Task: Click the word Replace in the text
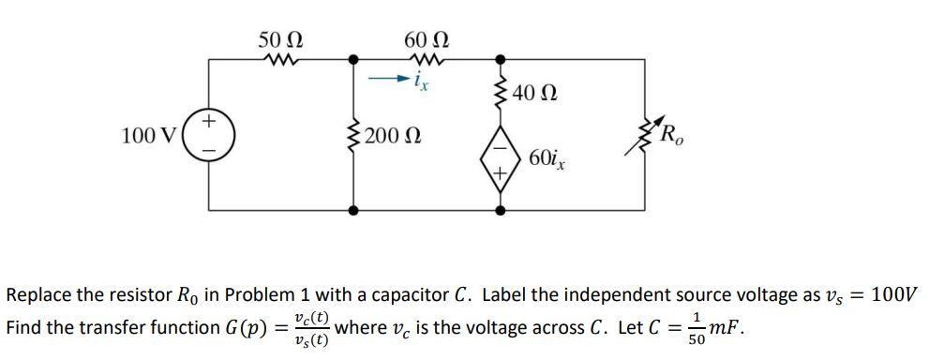tap(39, 294)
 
